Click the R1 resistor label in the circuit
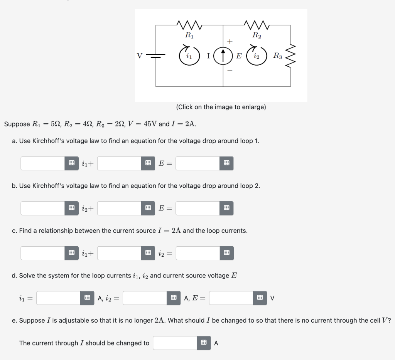(189, 35)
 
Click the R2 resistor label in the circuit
(257, 35)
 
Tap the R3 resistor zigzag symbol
(292, 56)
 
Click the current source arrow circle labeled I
(223, 56)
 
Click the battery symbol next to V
(156, 56)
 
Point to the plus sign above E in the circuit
(230, 41)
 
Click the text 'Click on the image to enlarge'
(221, 107)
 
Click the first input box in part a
(43, 163)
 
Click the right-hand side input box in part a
(198, 163)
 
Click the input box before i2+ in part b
(43, 208)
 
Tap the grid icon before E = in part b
(148, 208)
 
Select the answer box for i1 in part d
(59, 298)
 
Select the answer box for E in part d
(231, 298)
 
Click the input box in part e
(175, 343)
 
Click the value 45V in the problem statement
(148, 124)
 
